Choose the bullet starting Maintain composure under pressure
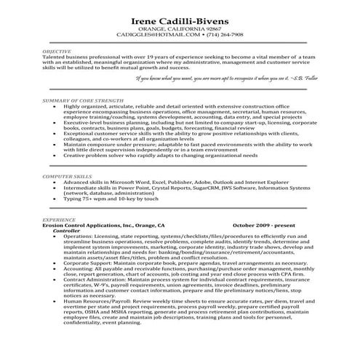pyautogui.click(x=175, y=143)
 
